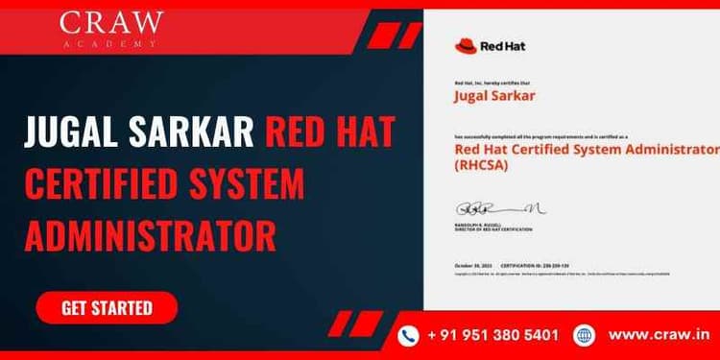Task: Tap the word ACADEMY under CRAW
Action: (111, 45)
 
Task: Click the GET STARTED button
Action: (107, 308)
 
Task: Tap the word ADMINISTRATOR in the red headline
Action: (151, 233)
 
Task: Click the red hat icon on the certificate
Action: (466, 45)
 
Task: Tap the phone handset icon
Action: (410, 335)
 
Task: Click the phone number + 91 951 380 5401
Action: (493, 335)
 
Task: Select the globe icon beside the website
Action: (584, 335)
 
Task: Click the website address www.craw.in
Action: (659, 335)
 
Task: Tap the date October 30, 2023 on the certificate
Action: (475, 265)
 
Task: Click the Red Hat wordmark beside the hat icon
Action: (503, 45)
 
